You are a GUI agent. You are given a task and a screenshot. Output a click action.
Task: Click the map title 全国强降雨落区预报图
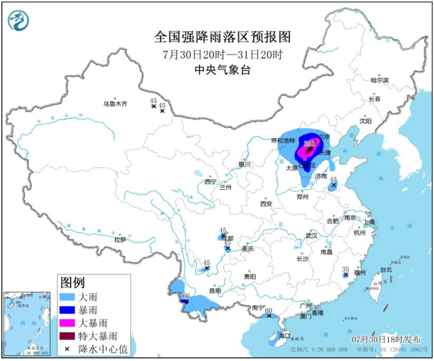tap(222, 37)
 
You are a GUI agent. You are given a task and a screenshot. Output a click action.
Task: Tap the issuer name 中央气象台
tap(222, 70)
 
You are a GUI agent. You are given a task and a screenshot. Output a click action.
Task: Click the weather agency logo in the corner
tap(18, 20)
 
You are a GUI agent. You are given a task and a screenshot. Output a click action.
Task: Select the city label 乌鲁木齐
tap(115, 104)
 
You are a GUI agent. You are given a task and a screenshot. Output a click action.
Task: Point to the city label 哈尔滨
tap(379, 80)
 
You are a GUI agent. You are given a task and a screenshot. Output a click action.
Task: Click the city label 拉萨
tap(120, 240)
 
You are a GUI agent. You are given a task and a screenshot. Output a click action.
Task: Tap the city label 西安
tap(266, 203)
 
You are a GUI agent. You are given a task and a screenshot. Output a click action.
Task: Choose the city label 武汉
tap(311, 235)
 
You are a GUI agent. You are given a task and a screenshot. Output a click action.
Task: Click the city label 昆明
tap(215, 290)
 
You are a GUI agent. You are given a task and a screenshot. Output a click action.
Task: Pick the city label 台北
tap(386, 269)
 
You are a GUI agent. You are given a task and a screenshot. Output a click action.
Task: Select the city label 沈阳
tap(365, 121)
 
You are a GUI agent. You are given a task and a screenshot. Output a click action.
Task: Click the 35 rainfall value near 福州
tap(345, 269)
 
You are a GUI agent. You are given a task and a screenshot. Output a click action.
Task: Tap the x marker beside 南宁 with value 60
tap(269, 316)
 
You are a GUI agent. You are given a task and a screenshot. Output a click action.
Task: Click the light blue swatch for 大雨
tap(67, 297)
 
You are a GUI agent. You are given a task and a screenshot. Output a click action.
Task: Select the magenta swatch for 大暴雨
tap(67, 323)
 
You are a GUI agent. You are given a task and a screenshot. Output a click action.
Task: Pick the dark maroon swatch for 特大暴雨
tap(67, 336)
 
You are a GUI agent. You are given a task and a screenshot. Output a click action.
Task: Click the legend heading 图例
tap(72, 283)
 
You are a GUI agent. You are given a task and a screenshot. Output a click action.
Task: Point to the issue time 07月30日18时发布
tap(386, 339)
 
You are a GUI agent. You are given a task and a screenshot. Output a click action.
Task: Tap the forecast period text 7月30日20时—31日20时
tap(222, 54)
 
